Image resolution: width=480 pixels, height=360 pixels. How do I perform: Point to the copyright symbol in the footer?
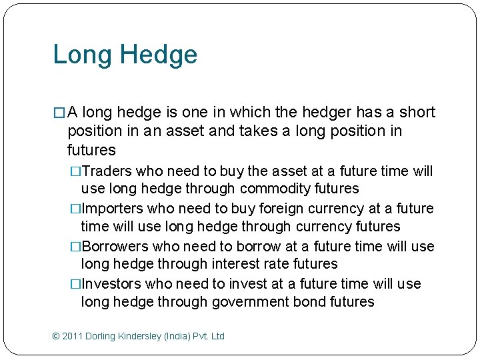56,336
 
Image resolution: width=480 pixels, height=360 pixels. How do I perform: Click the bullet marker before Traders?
75,171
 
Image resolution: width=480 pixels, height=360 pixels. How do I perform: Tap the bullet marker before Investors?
75,283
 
